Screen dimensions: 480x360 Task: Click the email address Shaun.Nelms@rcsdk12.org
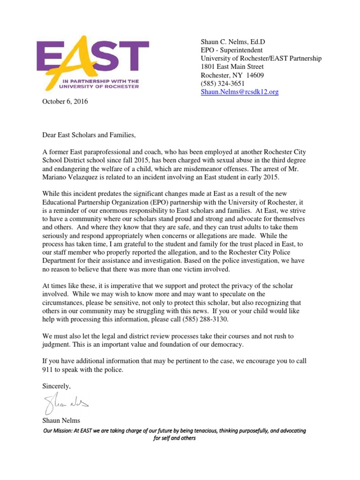click(x=240, y=92)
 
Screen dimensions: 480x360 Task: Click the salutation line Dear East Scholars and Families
click(x=89, y=135)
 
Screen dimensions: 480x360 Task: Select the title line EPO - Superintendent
click(x=232, y=50)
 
